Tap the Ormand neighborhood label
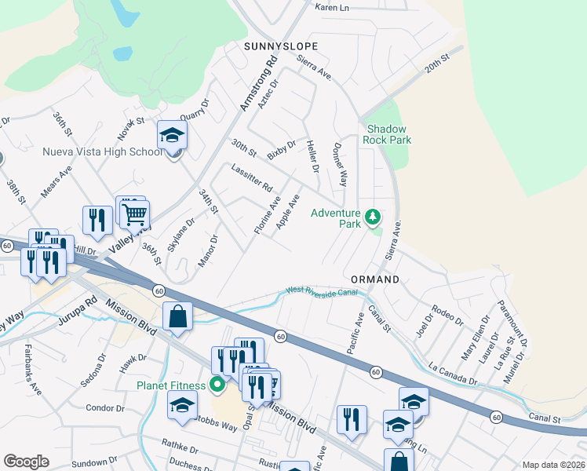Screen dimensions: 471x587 374,279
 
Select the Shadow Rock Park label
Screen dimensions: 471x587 387,134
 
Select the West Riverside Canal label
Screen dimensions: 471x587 322,291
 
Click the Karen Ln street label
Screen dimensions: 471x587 331,7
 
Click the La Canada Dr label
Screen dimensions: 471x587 453,373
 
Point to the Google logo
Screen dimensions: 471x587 26,462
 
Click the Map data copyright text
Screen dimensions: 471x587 553,465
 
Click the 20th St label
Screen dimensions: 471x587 436,64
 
